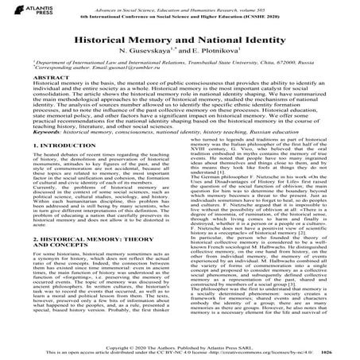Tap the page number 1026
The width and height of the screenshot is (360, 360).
[x=349, y=354]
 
